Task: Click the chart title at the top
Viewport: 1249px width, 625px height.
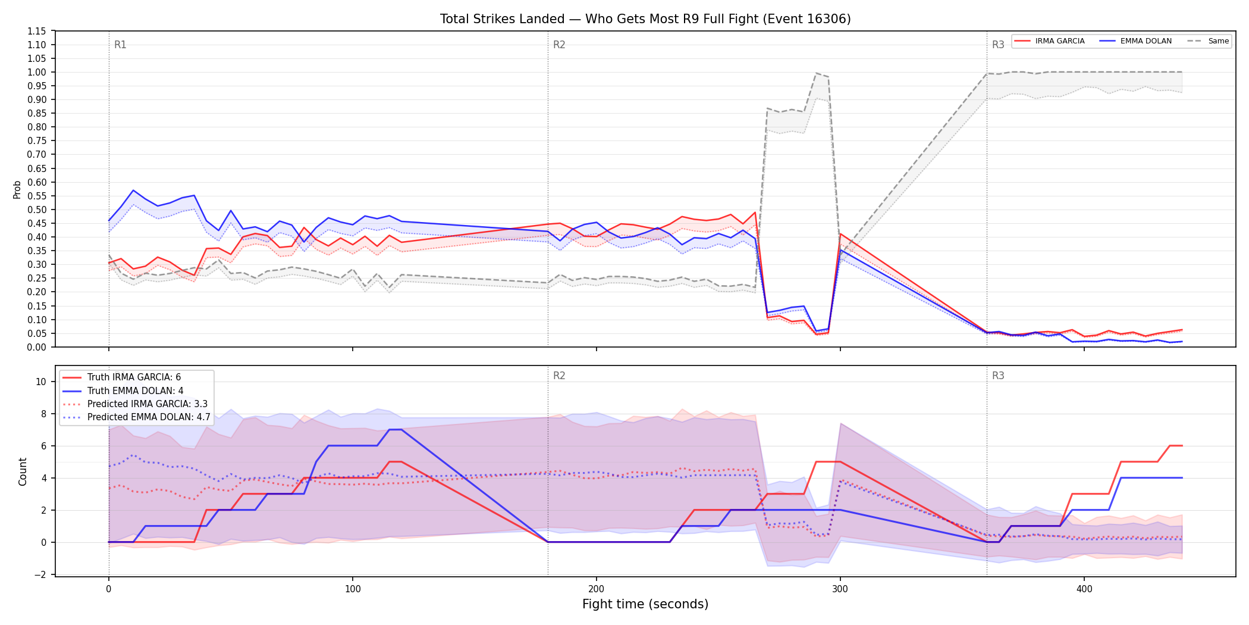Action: [x=645, y=19]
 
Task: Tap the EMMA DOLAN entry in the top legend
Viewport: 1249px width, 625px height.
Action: [x=1136, y=41]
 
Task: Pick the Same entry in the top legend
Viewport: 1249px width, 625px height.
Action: [x=1208, y=41]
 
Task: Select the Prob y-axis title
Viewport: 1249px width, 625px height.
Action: [x=17, y=189]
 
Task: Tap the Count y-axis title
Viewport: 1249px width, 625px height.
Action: [x=23, y=471]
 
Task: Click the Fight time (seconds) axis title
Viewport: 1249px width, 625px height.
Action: [x=645, y=604]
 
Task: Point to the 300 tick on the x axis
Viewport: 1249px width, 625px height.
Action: [x=840, y=589]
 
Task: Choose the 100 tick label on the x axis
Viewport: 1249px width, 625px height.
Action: [x=352, y=589]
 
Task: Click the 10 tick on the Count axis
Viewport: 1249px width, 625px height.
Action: [x=41, y=382]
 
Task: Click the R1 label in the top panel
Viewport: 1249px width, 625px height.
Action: [x=120, y=45]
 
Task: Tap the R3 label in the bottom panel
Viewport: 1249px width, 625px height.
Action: [x=998, y=376]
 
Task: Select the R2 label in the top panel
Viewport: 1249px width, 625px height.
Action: [x=559, y=45]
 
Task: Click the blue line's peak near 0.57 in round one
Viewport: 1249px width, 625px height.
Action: [x=133, y=190]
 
